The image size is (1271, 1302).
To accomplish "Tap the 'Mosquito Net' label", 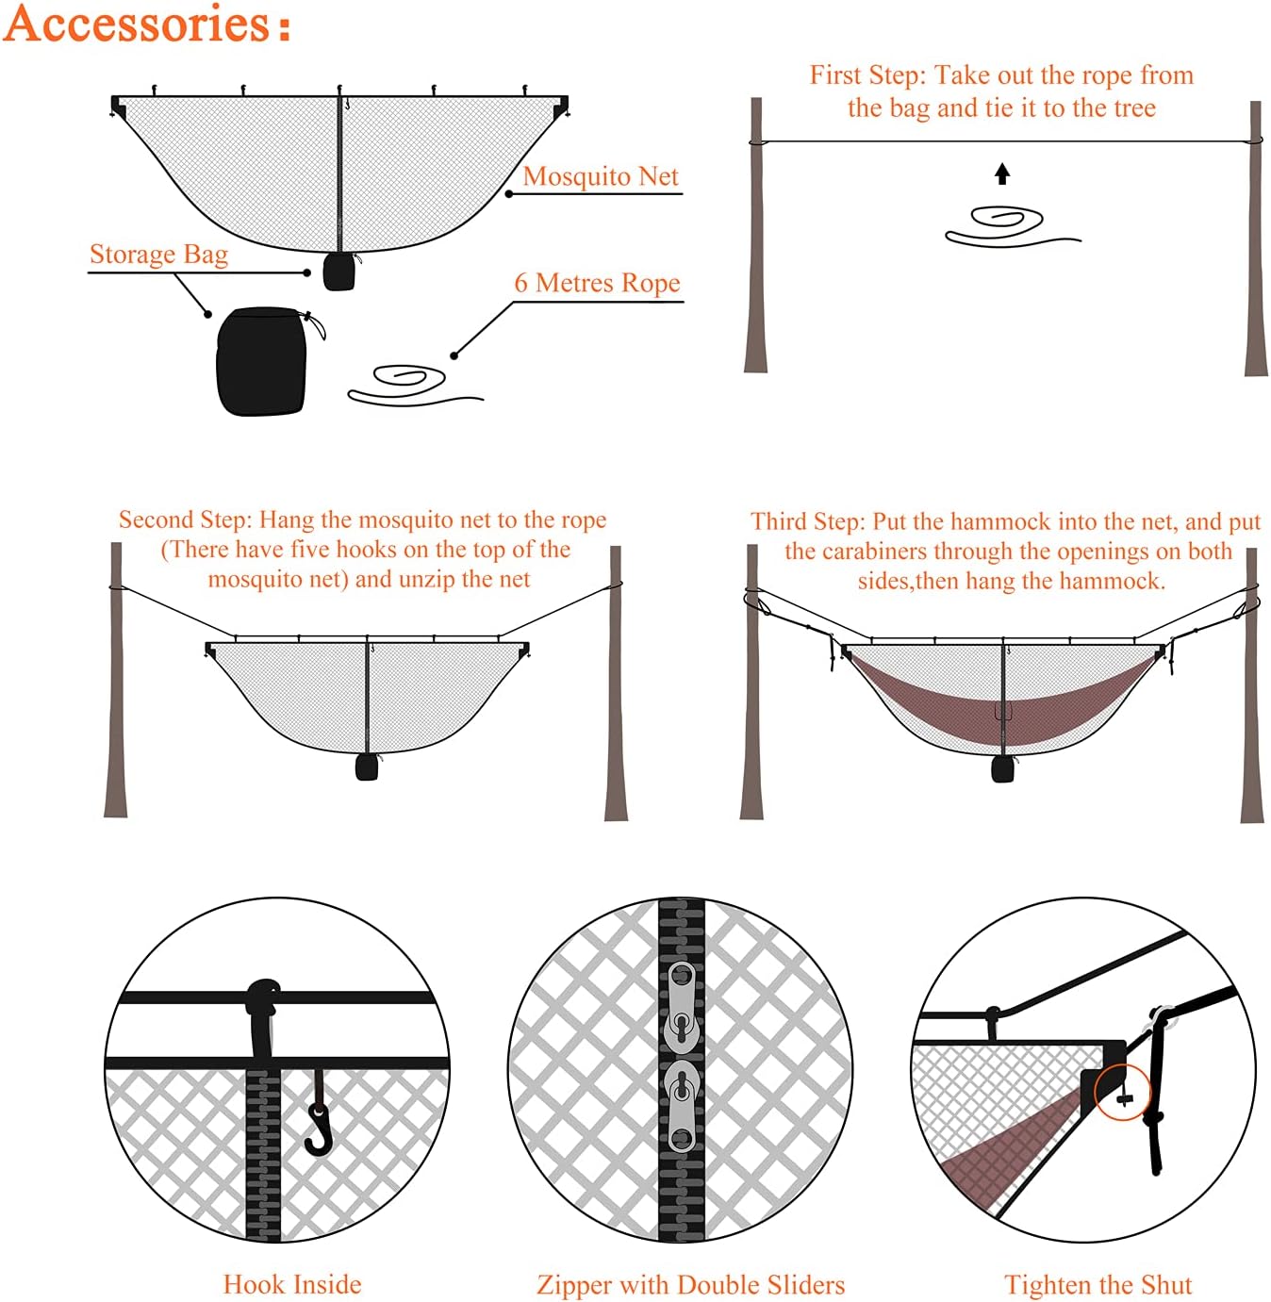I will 601,176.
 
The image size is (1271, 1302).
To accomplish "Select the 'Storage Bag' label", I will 158,255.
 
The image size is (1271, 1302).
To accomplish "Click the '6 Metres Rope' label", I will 597,283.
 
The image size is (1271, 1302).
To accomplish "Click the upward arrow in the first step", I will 1002,173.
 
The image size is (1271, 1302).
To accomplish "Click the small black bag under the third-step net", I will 1002,768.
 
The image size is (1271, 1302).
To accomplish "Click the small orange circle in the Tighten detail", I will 1122,1092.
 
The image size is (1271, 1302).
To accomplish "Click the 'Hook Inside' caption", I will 292,1284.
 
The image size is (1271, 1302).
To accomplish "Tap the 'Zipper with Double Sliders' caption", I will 690,1284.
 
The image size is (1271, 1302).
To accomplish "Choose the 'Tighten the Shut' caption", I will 1098,1284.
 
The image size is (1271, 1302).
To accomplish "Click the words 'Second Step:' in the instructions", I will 185,519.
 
